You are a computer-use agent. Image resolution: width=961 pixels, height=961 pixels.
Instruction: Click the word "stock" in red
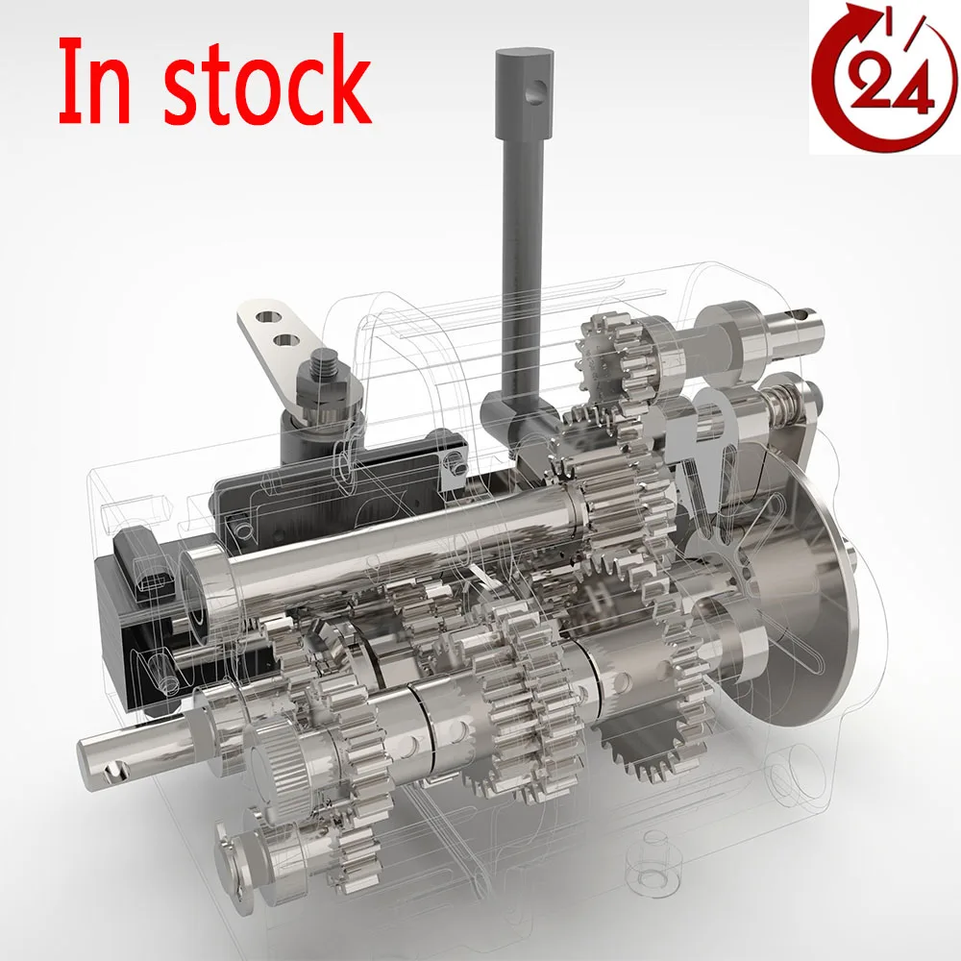pyautogui.click(x=267, y=84)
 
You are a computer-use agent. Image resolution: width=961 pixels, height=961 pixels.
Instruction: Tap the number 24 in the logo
pyautogui.click(x=885, y=91)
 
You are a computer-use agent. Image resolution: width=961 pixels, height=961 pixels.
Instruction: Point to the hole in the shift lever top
pyautogui.click(x=543, y=91)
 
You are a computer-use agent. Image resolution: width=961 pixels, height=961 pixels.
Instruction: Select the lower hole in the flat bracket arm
pyautogui.click(x=285, y=339)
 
